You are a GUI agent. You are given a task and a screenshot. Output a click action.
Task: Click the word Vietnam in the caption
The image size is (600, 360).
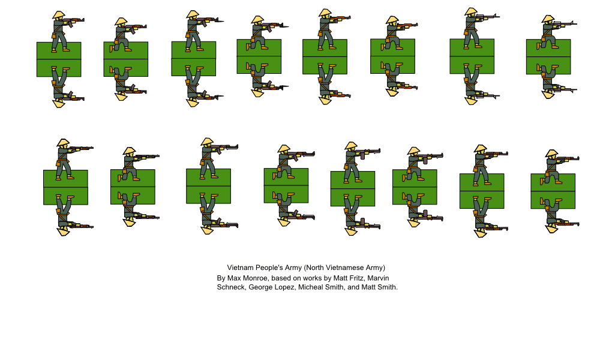239,268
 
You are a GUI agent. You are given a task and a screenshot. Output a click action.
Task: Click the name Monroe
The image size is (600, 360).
255,278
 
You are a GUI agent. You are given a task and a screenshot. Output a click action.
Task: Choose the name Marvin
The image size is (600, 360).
379,278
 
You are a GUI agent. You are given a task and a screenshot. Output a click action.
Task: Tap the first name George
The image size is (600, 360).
262,287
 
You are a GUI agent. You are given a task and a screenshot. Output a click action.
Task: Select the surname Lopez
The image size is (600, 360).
289,287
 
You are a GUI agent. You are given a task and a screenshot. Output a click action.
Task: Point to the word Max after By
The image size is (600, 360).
233,278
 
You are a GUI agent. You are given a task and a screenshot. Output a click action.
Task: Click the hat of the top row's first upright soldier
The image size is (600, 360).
59,15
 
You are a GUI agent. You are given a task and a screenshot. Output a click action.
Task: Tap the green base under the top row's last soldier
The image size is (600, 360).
548,57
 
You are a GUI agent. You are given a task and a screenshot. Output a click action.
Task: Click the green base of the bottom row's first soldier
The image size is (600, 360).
65,187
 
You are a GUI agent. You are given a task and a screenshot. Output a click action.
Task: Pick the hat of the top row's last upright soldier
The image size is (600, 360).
548,19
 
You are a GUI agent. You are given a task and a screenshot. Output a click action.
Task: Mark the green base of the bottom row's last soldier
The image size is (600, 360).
553,191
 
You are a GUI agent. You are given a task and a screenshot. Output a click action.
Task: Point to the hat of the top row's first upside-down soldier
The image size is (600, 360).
58,103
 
